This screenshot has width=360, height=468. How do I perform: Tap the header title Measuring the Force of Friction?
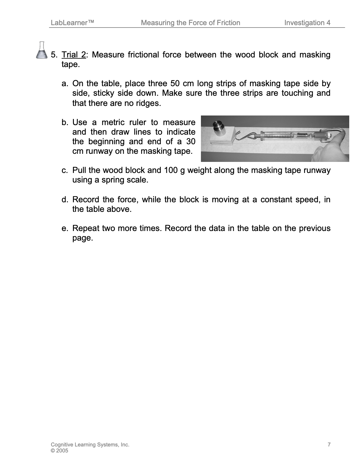190,23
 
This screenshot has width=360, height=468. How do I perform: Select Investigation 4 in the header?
307,23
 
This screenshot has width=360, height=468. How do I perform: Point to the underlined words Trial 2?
74,55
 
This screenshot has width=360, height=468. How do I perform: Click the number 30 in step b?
190,142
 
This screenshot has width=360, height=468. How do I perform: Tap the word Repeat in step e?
86,229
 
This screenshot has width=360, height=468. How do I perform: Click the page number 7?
329,445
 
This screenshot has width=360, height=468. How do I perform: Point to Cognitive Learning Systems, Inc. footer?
90,445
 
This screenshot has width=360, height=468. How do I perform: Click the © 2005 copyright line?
60,451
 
